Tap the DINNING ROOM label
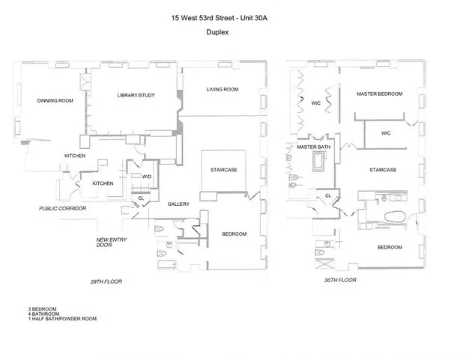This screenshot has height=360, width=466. point(55,100)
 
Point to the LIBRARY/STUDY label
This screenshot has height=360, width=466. point(136,96)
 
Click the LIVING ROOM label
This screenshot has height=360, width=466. point(223,90)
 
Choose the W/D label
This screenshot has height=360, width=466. point(147,176)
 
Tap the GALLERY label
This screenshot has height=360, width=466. point(178,204)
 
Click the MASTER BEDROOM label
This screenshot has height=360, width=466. point(379,94)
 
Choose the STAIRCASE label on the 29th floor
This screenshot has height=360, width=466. point(223,170)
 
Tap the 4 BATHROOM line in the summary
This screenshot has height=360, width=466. point(40,314)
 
